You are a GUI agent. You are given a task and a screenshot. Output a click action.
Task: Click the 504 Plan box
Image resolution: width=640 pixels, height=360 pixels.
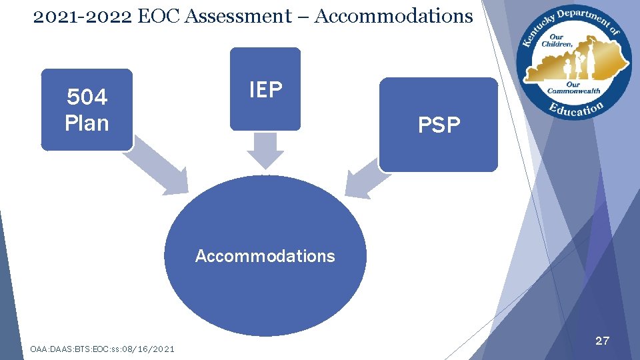point(87,110)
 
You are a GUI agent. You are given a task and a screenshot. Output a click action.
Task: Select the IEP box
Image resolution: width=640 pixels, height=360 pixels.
point(265,89)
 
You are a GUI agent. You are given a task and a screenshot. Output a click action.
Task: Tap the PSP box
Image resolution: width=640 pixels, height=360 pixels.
point(439,125)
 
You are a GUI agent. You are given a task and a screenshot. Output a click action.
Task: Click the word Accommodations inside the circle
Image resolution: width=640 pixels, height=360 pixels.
point(265,256)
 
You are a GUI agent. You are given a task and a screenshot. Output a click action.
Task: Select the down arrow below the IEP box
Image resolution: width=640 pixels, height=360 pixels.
point(265,151)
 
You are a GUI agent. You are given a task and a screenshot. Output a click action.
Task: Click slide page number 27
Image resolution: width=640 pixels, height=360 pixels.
point(602,341)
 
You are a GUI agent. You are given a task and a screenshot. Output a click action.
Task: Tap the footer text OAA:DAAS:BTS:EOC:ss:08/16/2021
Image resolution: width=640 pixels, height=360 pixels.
point(103,349)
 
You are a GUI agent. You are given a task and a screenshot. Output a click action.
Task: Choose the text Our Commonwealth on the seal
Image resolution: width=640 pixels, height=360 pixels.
point(573,88)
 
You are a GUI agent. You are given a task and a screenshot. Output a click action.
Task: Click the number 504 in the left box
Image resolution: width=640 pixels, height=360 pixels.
point(87,98)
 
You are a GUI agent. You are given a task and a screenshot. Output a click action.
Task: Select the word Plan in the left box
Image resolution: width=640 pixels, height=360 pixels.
point(87,123)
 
